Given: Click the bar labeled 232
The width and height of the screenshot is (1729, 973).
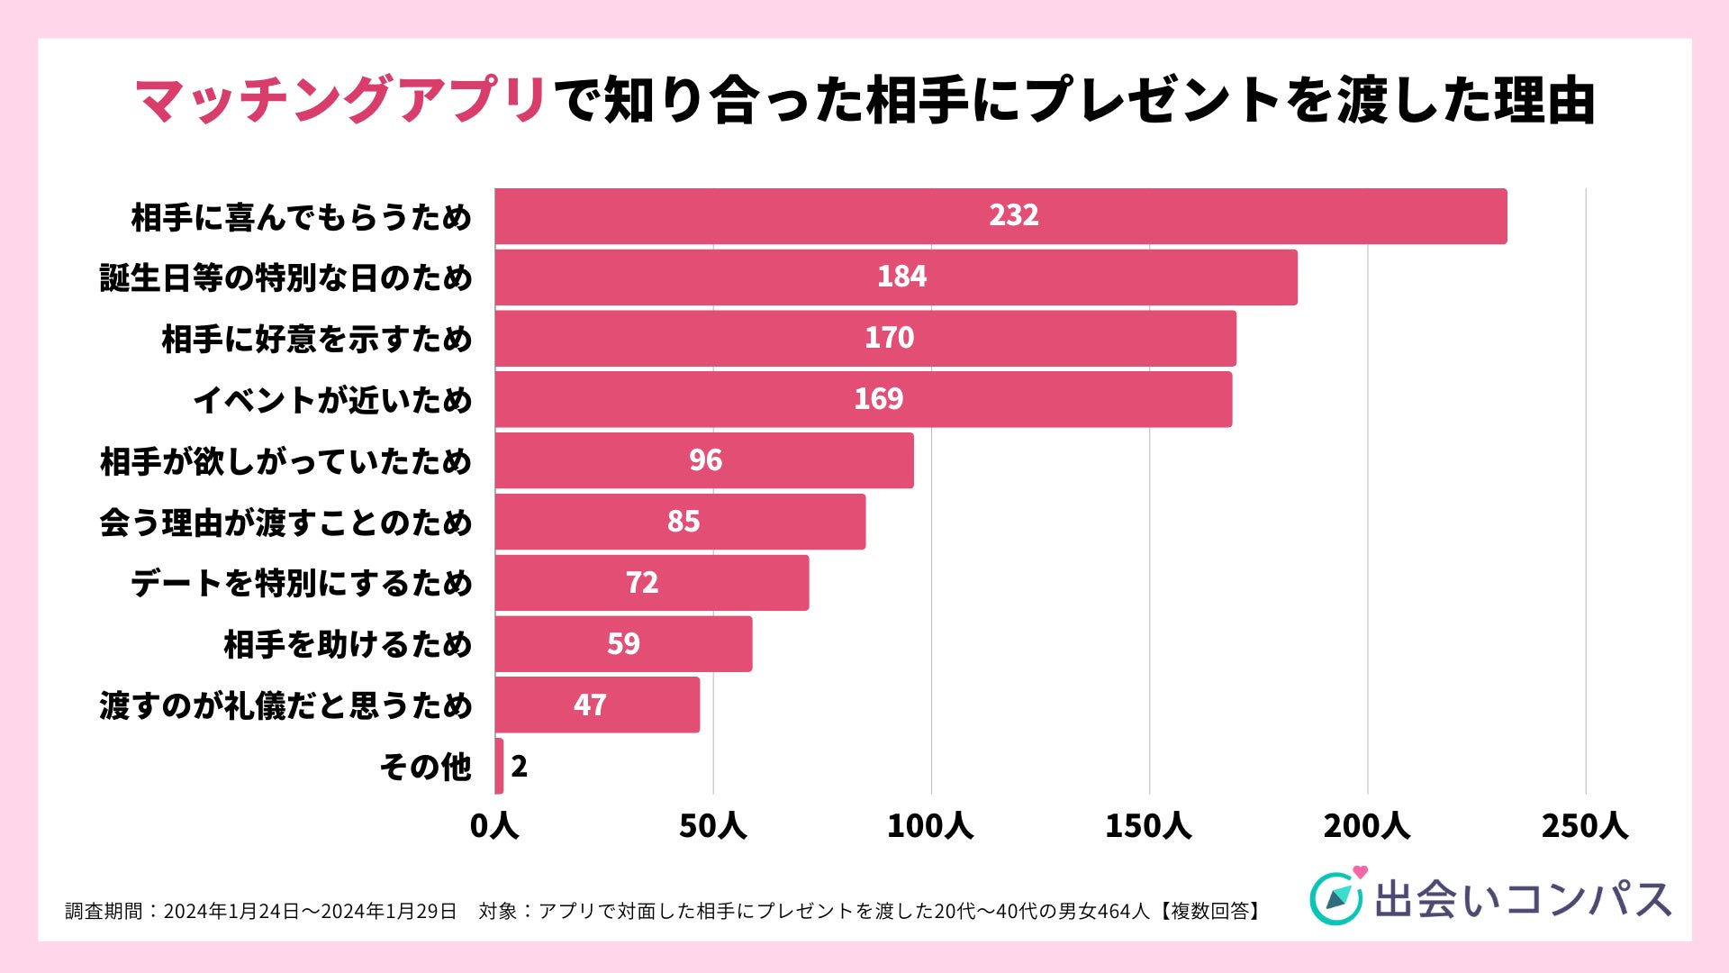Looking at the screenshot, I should coord(1000,216).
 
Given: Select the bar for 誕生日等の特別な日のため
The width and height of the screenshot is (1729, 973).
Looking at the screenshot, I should coord(896,277).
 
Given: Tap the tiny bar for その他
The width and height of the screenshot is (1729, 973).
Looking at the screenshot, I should coord(499,766).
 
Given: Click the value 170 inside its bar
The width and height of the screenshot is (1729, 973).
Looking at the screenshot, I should coord(889,338).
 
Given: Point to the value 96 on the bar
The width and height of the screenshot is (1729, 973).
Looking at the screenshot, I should coord(705,460).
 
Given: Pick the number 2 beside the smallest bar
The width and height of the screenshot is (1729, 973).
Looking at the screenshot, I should coord(519,767).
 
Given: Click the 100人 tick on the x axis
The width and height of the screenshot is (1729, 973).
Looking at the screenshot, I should coord(929,825).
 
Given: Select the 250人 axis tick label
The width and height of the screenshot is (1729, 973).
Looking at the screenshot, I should coord(1584,825).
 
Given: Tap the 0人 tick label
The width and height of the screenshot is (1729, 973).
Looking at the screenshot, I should coord(494,825).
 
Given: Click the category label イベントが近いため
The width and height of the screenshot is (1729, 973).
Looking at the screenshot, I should coord(332,400).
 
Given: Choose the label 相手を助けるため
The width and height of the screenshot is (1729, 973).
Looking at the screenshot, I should coord(348,645).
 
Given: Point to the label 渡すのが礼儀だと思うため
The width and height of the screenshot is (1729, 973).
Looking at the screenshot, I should coord(285,705).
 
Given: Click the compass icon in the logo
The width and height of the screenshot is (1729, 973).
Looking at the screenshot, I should coord(1335,898).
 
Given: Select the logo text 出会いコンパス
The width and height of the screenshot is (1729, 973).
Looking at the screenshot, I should coord(1522,899).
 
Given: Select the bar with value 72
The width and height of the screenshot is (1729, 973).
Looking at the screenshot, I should coord(651,583).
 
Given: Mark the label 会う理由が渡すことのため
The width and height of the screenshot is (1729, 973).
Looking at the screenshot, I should coord(285,523).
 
